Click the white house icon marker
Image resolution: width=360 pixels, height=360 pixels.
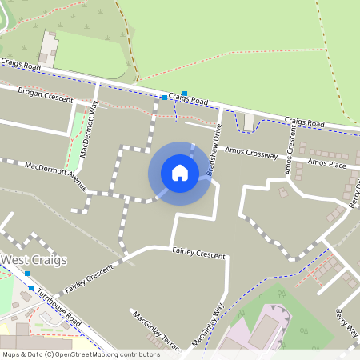tap(179, 173)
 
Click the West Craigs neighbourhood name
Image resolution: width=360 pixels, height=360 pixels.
tap(34, 260)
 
